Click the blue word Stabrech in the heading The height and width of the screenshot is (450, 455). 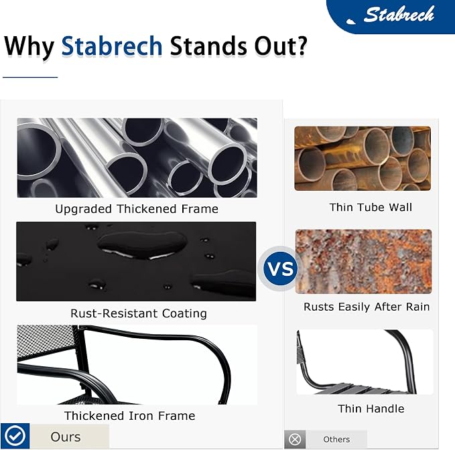112,46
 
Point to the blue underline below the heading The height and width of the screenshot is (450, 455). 30,77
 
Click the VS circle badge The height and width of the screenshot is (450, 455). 280,269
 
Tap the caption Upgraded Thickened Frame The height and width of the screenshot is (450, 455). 137,209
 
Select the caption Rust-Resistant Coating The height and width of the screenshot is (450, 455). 139,313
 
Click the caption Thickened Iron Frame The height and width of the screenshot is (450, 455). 130,416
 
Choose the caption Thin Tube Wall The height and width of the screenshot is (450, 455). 371,208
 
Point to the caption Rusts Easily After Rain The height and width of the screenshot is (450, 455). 367,307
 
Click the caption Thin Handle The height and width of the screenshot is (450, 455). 371,408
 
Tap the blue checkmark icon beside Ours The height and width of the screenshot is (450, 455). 15,436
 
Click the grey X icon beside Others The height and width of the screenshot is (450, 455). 295,439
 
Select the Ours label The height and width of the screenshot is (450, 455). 66,437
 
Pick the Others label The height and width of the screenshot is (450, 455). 336,439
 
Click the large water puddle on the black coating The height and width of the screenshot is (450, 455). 141,244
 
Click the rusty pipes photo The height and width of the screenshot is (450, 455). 363,158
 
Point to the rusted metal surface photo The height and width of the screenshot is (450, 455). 363,262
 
